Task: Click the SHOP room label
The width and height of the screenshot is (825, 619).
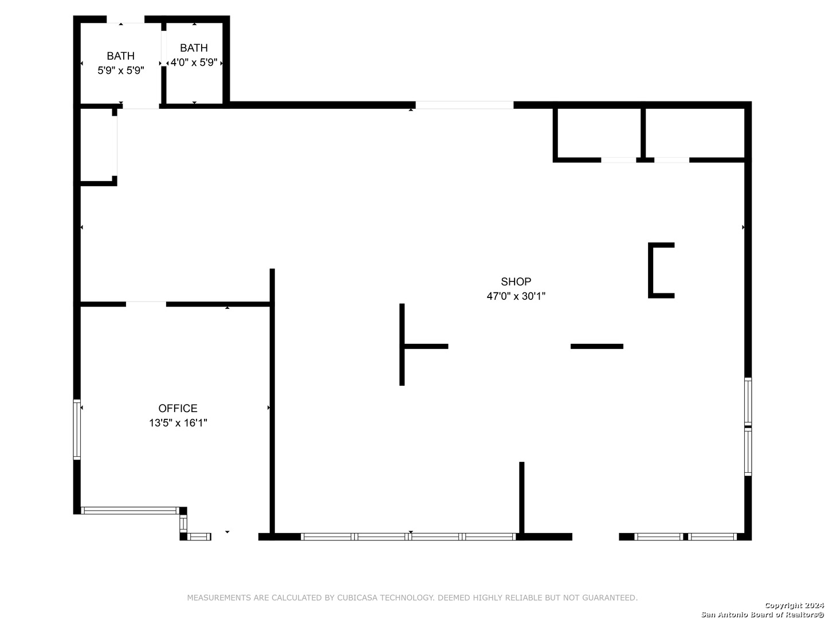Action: [515, 281]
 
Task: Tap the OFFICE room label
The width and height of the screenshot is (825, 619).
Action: [178, 408]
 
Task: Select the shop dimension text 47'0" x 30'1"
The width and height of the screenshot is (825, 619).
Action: [515, 296]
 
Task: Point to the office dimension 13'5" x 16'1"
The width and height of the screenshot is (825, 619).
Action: [178, 423]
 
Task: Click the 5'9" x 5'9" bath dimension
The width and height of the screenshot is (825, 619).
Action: [121, 70]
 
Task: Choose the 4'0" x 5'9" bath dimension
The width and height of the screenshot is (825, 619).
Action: [194, 62]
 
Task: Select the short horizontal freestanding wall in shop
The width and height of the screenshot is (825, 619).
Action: [596, 347]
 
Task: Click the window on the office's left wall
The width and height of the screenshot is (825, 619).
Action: [77, 429]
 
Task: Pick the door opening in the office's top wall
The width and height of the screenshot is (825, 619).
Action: [146, 304]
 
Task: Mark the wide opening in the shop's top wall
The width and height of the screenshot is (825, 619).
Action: [464, 105]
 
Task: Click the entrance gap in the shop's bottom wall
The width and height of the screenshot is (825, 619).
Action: [595, 536]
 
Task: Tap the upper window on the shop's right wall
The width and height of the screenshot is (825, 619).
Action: [748, 401]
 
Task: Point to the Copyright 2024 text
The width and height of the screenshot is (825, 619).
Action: [794, 605]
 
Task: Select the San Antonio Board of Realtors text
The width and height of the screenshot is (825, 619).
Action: [763, 614]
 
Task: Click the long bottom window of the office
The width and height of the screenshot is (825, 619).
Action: [130, 510]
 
